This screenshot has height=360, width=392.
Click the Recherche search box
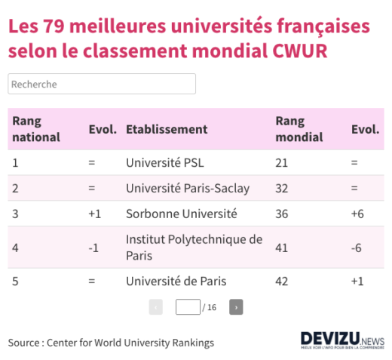pos(102,84)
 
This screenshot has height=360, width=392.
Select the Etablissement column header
pos(166,129)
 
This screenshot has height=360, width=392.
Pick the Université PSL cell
pos(164,162)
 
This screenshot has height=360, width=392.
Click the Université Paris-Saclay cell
pos(187,188)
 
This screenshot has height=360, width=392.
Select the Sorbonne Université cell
pos(181,214)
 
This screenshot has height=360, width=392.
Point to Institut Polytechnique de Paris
pos(194,247)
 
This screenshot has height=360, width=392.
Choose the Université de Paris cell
pos(176,281)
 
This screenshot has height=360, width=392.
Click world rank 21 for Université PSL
pos(282,162)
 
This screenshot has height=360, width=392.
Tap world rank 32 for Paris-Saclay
pos(282,188)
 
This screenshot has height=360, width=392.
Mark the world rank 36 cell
pos(282,214)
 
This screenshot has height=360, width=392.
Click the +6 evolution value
pos(358,214)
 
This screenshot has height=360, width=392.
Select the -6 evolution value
pos(358,247)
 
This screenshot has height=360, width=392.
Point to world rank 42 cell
pos(282,281)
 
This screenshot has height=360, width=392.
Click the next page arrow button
pos(236,307)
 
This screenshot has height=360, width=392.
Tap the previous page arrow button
pos(156,307)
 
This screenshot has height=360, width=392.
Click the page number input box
pos(188,307)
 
